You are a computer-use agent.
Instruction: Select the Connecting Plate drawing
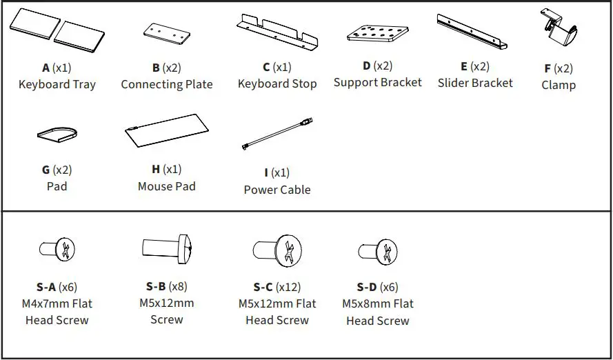coord(167,34)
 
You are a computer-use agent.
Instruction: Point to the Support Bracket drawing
coord(378,34)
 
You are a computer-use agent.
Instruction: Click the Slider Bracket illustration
coord(472,31)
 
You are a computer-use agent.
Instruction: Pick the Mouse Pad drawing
coord(167,130)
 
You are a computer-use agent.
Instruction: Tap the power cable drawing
coord(278,134)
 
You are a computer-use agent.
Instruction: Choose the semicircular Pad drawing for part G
coord(57,134)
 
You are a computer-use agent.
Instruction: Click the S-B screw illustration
coord(167,248)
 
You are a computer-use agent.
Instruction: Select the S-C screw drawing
coord(277,250)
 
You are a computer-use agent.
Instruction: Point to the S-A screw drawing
coord(57,248)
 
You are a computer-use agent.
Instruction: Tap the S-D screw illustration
coord(378,252)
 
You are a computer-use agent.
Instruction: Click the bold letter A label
coord(46,68)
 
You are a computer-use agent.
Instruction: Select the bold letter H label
coord(156,169)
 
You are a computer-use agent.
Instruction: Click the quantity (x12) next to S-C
coord(288,288)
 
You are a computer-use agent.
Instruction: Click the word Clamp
coord(559,86)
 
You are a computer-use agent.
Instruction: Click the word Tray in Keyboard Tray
coord(84,85)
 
